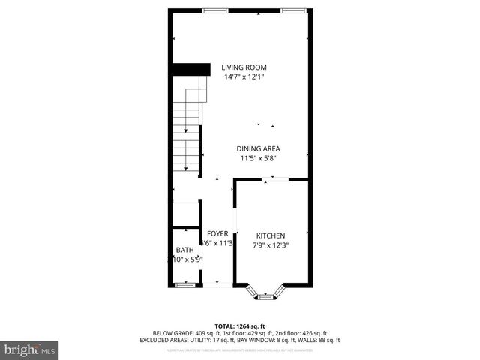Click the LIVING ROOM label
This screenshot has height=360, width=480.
click(x=244, y=67)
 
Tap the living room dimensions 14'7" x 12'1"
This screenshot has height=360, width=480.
click(x=244, y=76)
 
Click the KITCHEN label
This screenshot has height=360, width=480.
click(x=271, y=235)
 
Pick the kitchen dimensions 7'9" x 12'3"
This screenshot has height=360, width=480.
click(x=271, y=244)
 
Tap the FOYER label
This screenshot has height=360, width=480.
click(x=217, y=233)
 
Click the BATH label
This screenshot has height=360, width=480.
click(x=184, y=250)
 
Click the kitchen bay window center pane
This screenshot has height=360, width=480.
click(x=265, y=297)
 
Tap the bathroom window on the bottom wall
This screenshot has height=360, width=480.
click(x=184, y=284)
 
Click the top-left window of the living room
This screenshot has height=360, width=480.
click(x=216, y=10)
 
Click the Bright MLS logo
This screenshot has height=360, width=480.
click(x=30, y=349)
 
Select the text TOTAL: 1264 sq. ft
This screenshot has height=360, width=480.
click(x=239, y=325)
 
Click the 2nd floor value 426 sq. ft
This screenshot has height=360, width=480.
click(x=311, y=332)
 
